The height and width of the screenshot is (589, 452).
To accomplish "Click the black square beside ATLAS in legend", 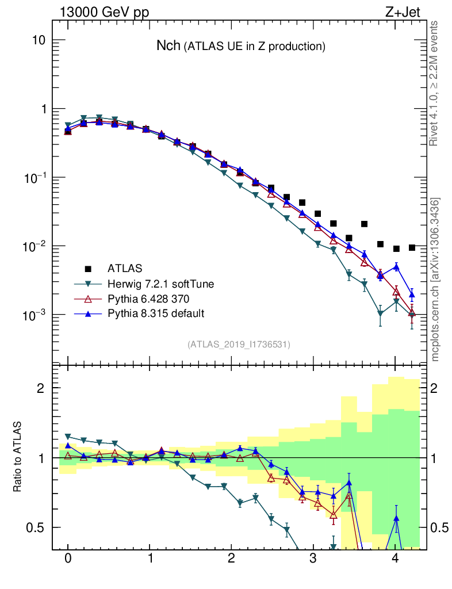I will coord(88,268).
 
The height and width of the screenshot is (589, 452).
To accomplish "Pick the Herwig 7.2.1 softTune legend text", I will coord(158,284).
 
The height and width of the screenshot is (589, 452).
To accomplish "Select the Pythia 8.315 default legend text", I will coord(156,313).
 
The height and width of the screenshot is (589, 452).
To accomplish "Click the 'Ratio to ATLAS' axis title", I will coord(18,457).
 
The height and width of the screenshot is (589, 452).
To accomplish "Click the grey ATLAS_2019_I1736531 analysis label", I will coord(239,345).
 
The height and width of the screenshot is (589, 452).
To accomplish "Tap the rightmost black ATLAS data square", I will coord(412,247).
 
